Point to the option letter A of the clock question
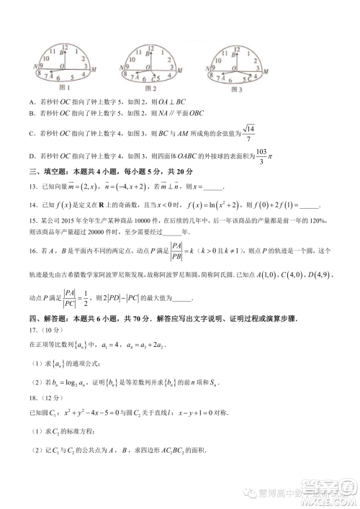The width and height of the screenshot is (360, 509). [32, 101]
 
